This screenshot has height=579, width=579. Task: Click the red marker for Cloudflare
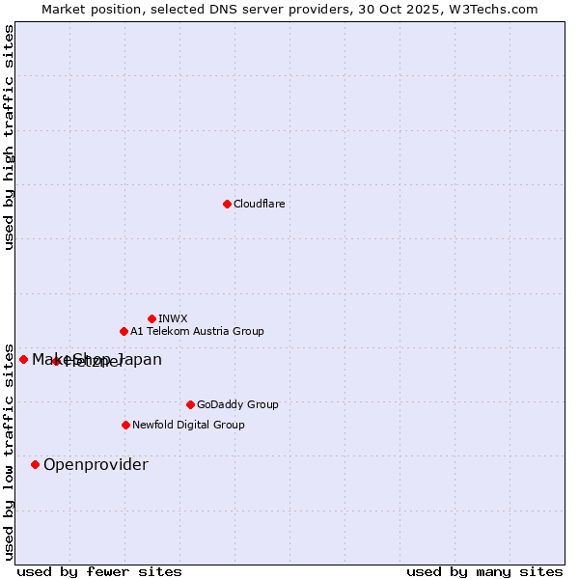(227, 204)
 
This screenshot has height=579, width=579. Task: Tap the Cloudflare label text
(260, 204)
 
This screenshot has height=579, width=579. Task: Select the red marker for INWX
(152, 318)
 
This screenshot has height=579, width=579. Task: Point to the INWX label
(174, 318)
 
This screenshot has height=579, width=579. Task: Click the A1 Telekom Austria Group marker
(124, 331)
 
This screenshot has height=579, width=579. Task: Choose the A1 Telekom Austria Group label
(197, 331)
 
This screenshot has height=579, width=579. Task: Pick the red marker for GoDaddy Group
(190, 404)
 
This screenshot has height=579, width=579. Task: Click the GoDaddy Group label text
(237, 404)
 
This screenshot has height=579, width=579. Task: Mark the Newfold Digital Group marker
(125, 425)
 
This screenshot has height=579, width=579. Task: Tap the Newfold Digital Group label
(188, 425)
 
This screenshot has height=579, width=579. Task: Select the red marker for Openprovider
(36, 464)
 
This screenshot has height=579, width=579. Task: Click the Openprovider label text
(96, 464)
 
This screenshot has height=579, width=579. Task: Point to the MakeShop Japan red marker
(24, 359)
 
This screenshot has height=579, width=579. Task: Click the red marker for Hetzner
(56, 361)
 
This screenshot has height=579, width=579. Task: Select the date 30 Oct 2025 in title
(412, 9)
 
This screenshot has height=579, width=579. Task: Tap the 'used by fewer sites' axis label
(99, 571)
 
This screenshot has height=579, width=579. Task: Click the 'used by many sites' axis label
(484, 571)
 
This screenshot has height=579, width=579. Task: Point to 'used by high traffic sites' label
(9, 137)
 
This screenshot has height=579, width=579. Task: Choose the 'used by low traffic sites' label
(9, 452)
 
